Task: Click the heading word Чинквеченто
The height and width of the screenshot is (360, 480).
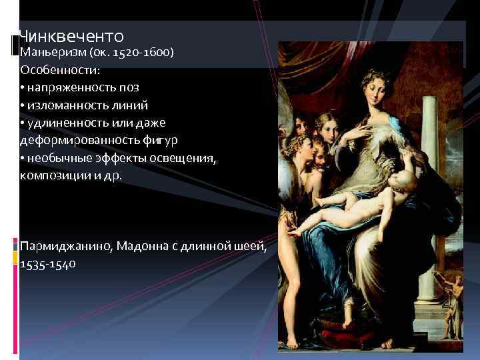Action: [71, 35]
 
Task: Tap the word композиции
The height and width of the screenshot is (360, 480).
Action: [53, 175]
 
